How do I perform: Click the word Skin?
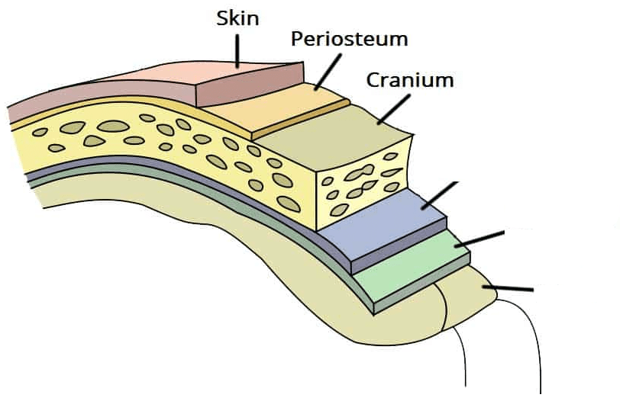click(237, 19)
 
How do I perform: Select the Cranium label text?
click(410, 79)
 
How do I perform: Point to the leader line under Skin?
click(237, 51)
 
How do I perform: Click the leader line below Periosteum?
click(326, 72)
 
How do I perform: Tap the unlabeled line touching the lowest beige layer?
click(509, 289)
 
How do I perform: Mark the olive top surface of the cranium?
click(344, 137)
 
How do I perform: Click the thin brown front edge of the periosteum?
click(302, 120)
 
